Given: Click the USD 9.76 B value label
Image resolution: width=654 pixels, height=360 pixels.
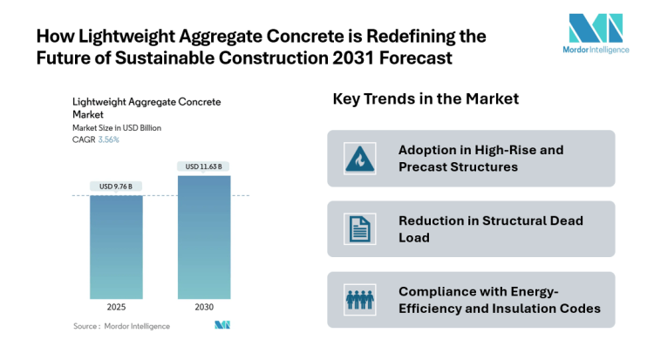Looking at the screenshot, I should coord(117,185).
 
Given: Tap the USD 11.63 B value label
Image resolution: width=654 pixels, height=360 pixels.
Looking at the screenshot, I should coord(204,166).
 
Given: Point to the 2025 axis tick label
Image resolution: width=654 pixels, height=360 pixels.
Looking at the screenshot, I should coord(117,308).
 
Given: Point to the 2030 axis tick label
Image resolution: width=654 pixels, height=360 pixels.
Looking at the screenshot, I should coord(204,308).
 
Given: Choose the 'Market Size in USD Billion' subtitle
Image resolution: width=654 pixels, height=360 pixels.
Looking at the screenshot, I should coord(117,128).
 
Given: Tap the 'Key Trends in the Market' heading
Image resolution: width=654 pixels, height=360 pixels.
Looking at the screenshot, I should coord(426,99).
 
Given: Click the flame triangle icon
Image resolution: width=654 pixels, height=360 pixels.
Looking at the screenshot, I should coord(358,159).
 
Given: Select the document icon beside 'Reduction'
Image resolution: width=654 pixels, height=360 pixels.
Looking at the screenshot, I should coord(358,229).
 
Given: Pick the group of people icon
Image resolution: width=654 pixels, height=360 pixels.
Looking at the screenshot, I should coord(358,300).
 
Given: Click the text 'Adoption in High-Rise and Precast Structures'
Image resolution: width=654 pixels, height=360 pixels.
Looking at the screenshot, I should coord(480,158).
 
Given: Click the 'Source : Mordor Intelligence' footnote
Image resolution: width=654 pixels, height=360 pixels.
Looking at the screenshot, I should coord(121,326).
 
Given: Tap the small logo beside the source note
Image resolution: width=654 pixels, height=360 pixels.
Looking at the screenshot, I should coord(221,326).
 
